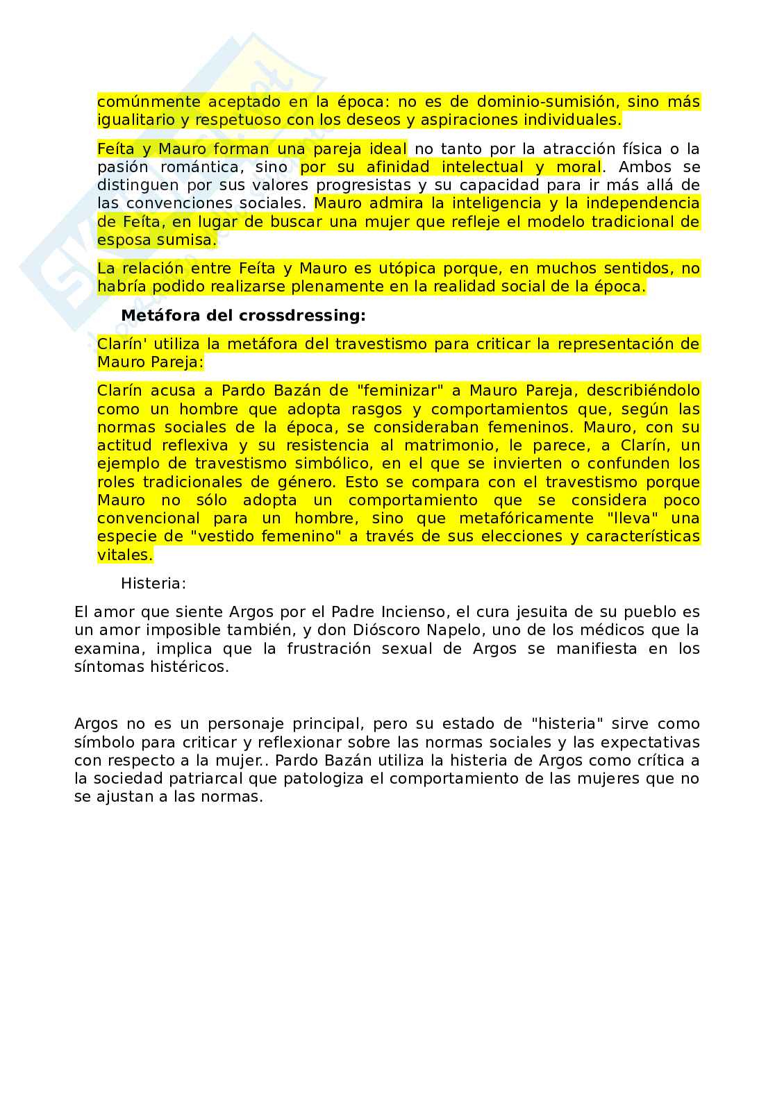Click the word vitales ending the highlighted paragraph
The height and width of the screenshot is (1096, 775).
(x=124, y=555)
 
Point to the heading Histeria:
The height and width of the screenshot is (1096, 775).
(x=153, y=584)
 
